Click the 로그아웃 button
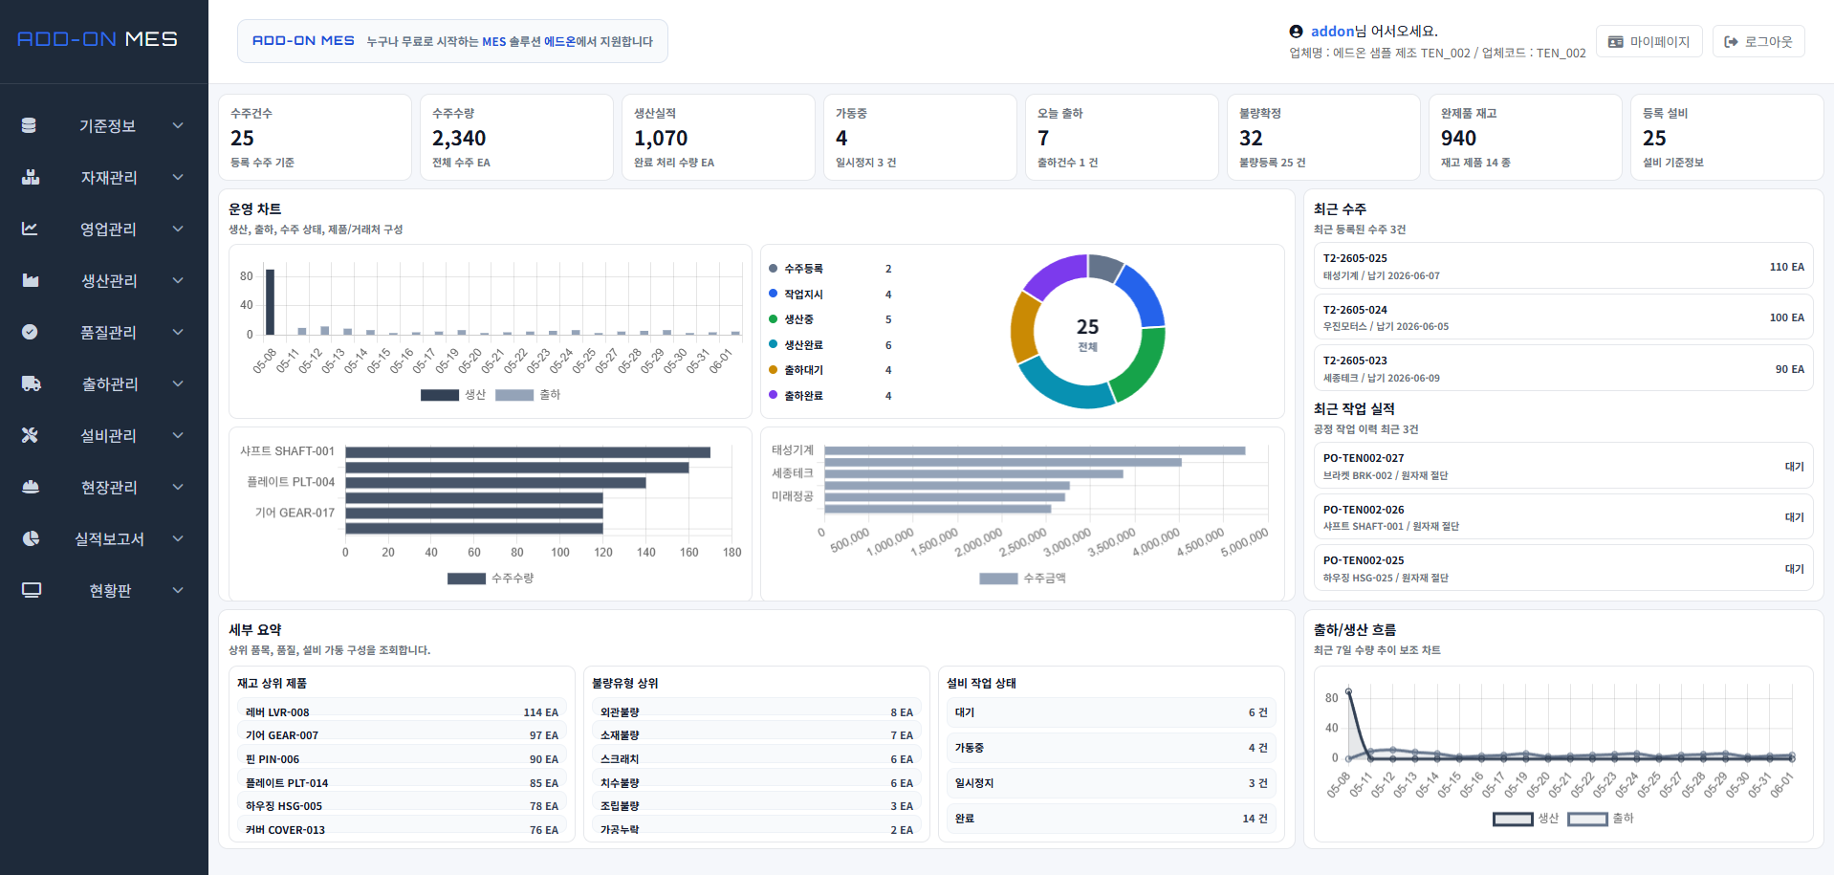click(1758, 41)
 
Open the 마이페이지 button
click(1649, 41)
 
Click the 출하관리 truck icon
click(31, 383)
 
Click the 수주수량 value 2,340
click(459, 139)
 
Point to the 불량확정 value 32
click(1251, 139)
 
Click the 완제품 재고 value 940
click(1458, 139)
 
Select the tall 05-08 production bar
click(270, 302)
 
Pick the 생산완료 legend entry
click(803, 345)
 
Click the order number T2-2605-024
click(1355, 310)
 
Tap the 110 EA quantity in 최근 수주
click(1786, 267)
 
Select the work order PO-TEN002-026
click(1364, 510)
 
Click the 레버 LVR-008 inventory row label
click(277, 712)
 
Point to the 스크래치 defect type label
click(620, 759)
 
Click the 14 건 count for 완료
click(1255, 819)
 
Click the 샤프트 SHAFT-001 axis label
click(287, 451)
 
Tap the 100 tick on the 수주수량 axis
click(560, 552)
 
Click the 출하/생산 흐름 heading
click(1354, 630)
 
